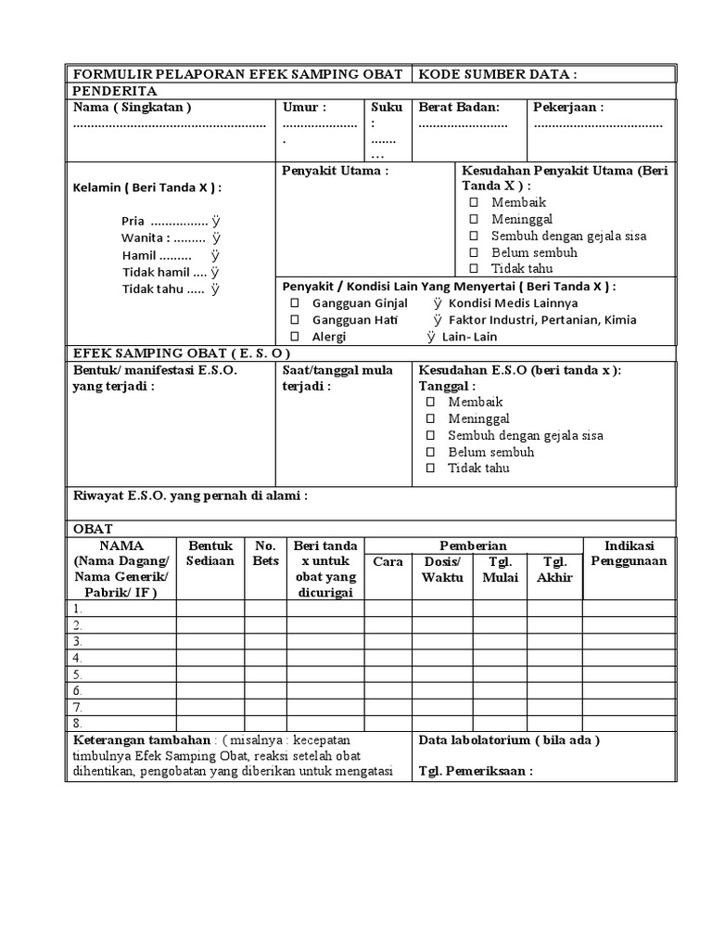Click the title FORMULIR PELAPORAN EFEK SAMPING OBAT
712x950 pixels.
point(237,74)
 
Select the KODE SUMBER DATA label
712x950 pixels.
point(498,74)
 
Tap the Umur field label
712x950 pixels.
point(304,108)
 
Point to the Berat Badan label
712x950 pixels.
point(459,108)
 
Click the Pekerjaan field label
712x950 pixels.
point(568,108)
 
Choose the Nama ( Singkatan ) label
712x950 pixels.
point(133,108)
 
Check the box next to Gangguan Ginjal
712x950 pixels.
point(295,303)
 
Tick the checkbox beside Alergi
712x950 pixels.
point(295,337)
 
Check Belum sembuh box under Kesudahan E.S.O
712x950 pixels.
point(430,452)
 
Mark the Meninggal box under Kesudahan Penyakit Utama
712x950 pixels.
point(474,219)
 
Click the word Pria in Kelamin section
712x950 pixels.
point(133,222)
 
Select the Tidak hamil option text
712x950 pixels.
point(155,272)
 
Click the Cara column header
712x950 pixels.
point(388,562)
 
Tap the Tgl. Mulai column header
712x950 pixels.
point(501,570)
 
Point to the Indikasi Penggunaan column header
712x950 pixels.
point(629,554)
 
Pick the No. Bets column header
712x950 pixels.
point(265,554)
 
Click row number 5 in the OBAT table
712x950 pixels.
point(78,674)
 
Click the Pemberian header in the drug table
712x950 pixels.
point(473,546)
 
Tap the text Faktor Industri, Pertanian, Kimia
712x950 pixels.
point(541,320)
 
